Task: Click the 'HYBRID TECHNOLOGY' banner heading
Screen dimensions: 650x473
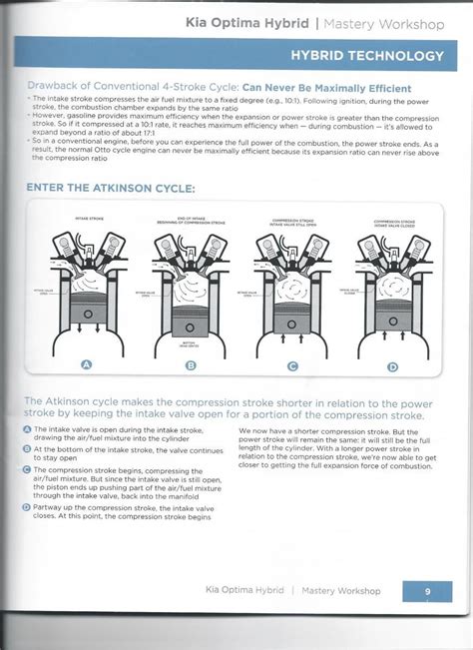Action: point(367,55)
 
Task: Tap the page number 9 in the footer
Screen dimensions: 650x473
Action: point(426,591)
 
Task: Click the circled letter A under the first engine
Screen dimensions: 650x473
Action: point(87,365)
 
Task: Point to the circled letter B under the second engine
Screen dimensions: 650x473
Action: point(191,365)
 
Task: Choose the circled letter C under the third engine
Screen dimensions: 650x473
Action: point(292,365)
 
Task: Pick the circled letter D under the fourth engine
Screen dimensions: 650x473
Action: point(392,366)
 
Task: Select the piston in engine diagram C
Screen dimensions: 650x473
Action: point(292,318)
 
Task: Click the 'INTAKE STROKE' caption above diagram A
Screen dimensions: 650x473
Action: point(87,216)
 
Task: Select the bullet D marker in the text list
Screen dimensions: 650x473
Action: point(27,506)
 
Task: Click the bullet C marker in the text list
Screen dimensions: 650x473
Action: point(27,468)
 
